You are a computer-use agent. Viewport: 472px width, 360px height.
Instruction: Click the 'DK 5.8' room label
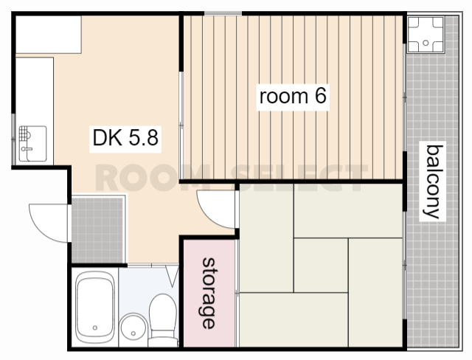pyautogui.click(x=125, y=138)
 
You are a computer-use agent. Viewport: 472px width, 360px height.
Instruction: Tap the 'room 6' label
pyautogui.click(x=293, y=96)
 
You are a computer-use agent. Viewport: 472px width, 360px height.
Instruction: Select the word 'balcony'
pyautogui.click(x=433, y=181)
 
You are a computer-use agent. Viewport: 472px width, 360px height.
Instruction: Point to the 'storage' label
pyautogui.click(x=209, y=293)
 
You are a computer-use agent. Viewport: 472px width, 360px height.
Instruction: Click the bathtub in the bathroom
pyautogui.click(x=95, y=307)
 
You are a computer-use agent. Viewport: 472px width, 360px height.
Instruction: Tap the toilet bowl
pyautogui.click(x=162, y=319)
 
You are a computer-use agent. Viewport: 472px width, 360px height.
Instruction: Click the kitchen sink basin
pyautogui.click(x=32, y=144)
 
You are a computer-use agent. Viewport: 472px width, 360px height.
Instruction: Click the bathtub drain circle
pyautogui.click(x=95, y=328)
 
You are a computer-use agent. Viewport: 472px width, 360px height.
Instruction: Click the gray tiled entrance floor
pyautogui.click(x=98, y=229)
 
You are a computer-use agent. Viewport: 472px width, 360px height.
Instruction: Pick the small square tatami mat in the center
pyautogui.click(x=321, y=265)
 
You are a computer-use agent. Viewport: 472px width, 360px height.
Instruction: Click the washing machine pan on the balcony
pyautogui.click(x=426, y=35)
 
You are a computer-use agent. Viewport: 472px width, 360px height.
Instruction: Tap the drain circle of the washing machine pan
pyautogui.click(x=426, y=43)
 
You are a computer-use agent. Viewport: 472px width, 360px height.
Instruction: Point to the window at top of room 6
pyautogui.click(x=223, y=13)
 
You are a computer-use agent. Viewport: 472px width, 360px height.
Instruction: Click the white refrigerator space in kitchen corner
pyautogui.click(x=49, y=35)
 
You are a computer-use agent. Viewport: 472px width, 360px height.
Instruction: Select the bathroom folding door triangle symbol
pyautogui.click(x=173, y=276)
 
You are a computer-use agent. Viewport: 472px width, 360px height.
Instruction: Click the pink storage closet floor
pyautogui.click(x=209, y=293)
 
